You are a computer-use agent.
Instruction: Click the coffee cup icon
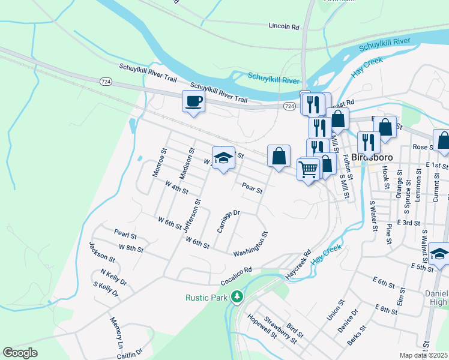coord(193,101)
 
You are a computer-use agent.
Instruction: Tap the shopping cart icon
coord(309,170)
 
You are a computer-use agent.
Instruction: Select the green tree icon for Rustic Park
coord(238,296)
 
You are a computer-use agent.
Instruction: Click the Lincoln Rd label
coord(284,26)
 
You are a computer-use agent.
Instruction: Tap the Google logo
coord(20,353)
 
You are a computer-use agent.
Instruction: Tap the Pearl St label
coord(125,233)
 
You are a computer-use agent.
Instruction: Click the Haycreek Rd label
coord(300,259)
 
